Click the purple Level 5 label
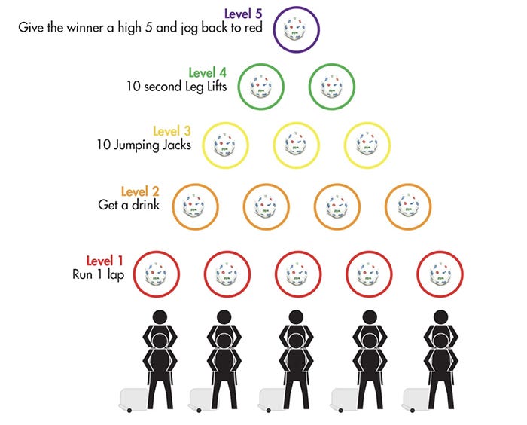pyautogui.click(x=243, y=14)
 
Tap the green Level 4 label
pyautogui.click(x=207, y=72)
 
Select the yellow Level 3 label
pyautogui.click(x=172, y=131)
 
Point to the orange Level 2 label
pyautogui.click(x=140, y=191)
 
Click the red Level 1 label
pyautogui.click(x=105, y=261)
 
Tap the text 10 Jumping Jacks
pyautogui.click(x=144, y=145)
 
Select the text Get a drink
pyautogui.click(x=129, y=205)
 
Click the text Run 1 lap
pyautogui.click(x=98, y=274)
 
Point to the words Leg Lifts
pyautogui.click(x=206, y=87)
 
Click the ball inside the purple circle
pyautogui.click(x=295, y=29)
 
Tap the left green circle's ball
pyautogui.click(x=260, y=87)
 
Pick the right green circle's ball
pyautogui.click(x=332, y=87)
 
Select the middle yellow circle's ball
pyautogui.click(x=296, y=145)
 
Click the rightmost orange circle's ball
pyautogui.click(x=408, y=206)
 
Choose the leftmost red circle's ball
pyautogui.click(x=156, y=274)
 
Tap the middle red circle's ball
pyautogui.click(x=298, y=274)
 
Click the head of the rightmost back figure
pyautogui.click(x=441, y=317)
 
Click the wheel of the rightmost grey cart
pyautogui.click(x=413, y=410)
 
